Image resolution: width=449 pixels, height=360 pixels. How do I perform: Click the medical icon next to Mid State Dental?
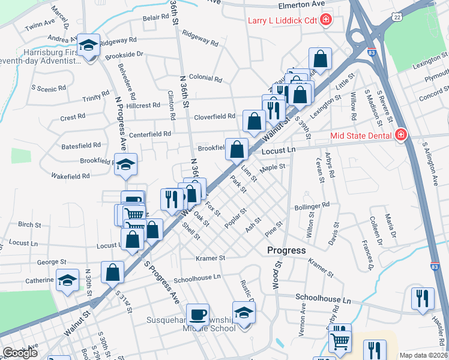click(x=400, y=136)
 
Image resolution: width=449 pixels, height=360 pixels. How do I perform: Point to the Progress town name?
click(x=286, y=250)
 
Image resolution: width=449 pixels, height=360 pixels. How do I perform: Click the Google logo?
click(x=20, y=353)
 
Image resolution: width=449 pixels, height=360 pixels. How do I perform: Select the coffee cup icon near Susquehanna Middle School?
click(x=197, y=314)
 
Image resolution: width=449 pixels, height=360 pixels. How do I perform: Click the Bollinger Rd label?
click(x=312, y=205)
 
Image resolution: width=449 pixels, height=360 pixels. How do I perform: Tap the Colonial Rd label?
click(x=205, y=78)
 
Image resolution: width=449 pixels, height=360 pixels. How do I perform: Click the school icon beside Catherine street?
click(x=67, y=280)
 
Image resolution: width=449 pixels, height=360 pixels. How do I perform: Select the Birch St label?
click(x=29, y=224)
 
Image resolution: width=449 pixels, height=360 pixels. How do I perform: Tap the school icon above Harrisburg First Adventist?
click(x=88, y=45)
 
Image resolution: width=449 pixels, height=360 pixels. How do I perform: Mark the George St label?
click(x=52, y=262)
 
